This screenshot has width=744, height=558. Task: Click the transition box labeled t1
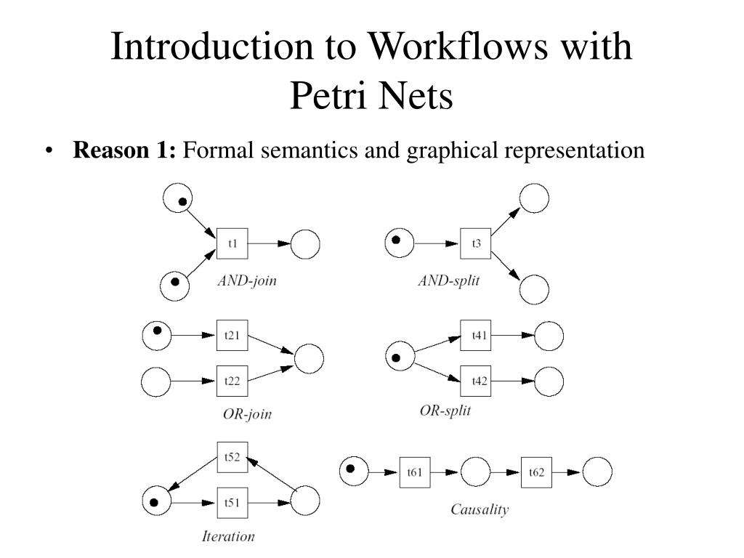click(x=232, y=243)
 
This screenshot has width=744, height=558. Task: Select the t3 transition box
click(x=475, y=243)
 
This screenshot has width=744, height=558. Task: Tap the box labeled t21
click(x=232, y=336)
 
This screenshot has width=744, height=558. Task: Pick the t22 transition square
click(x=232, y=381)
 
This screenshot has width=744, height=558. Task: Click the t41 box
click(x=475, y=336)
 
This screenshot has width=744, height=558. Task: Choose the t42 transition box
click(x=475, y=381)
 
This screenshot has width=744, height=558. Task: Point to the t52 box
click(x=232, y=458)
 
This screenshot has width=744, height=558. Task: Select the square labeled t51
click(x=232, y=503)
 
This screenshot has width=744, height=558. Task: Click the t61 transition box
click(x=415, y=472)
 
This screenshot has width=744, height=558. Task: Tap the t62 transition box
click(x=536, y=472)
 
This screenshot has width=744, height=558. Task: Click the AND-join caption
click(x=247, y=281)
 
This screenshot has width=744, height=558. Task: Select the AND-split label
click(x=449, y=281)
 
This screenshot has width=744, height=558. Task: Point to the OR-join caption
click(x=247, y=414)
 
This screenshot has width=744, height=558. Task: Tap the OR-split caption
click(x=445, y=411)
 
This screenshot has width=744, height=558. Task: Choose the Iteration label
click(x=228, y=536)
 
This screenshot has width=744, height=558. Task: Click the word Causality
click(x=480, y=509)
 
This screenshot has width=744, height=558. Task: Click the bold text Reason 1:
click(x=124, y=150)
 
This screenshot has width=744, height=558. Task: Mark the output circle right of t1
click(x=305, y=244)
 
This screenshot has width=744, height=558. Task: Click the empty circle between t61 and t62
click(x=475, y=472)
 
